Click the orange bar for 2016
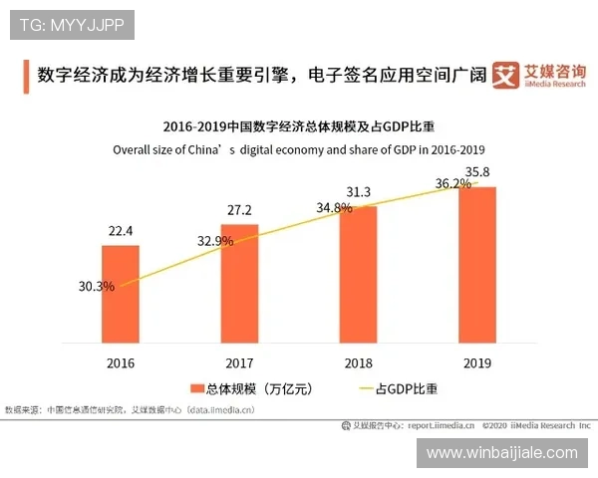[x=120, y=293]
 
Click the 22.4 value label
[x=121, y=231]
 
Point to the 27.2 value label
[x=239, y=210]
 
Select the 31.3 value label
[x=358, y=192]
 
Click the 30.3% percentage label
[x=97, y=286]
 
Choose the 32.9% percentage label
[x=215, y=240]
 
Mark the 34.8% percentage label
[x=334, y=208]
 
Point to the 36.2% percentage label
[x=452, y=183]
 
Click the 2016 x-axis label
[x=120, y=363]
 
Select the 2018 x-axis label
[x=358, y=363]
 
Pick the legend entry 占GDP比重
[x=395, y=388]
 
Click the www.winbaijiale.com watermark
[x=501, y=453]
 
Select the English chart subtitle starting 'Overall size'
[x=299, y=149]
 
